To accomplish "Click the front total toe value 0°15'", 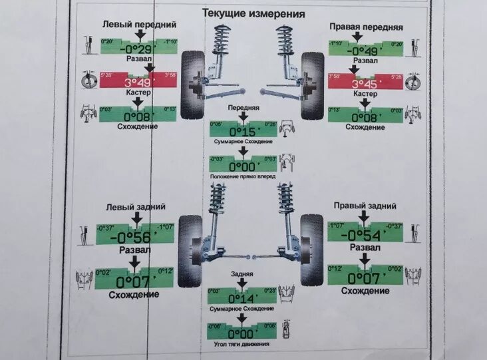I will [243, 131].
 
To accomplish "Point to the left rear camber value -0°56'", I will [135, 236].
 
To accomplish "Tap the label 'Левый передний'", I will [139, 24].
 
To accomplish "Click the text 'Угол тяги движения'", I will [243, 343].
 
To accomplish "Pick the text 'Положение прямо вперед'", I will [243, 176].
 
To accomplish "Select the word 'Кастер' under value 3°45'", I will [365, 94].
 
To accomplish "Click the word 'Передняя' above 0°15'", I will [243, 107].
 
